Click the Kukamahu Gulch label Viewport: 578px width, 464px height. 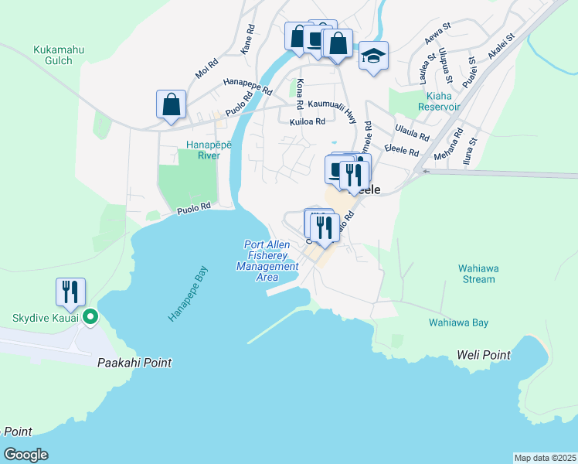coord(58,56)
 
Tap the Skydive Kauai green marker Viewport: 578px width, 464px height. coord(90,316)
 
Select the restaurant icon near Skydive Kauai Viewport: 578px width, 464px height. coord(70,292)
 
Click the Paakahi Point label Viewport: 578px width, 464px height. coord(134,363)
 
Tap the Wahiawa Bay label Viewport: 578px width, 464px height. coord(459,323)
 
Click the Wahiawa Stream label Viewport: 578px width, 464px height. coord(477,274)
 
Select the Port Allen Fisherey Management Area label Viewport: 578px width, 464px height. coord(267,261)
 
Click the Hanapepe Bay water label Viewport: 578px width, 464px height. coord(189,295)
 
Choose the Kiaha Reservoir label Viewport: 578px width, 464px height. coord(438,101)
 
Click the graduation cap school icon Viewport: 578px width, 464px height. coord(373,56)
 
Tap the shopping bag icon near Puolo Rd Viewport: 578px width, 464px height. coord(171,104)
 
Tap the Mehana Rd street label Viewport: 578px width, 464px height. coord(447,143)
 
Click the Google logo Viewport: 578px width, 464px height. coord(25,455)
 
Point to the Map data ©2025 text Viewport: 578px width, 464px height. coord(545,458)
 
